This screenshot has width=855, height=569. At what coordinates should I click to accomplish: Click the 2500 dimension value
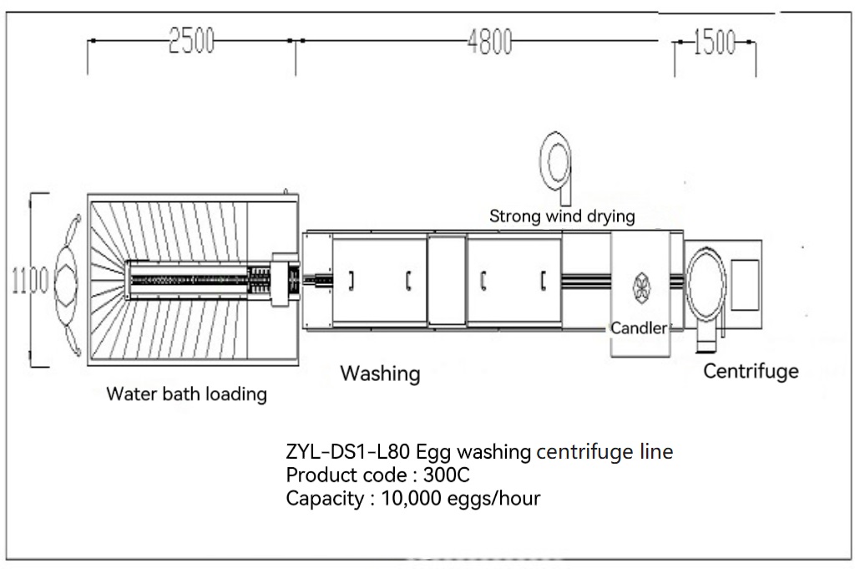point(191,41)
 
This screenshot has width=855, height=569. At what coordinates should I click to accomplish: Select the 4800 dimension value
point(489,41)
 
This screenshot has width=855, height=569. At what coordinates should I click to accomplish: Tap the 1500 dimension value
point(715,41)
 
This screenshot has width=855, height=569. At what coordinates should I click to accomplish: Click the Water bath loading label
point(186,394)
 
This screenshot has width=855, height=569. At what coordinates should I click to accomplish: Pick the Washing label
point(380,373)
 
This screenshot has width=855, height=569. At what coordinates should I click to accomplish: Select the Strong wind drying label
point(562,216)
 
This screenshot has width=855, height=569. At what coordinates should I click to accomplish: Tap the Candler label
point(639,328)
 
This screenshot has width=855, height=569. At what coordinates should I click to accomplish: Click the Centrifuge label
point(751,371)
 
